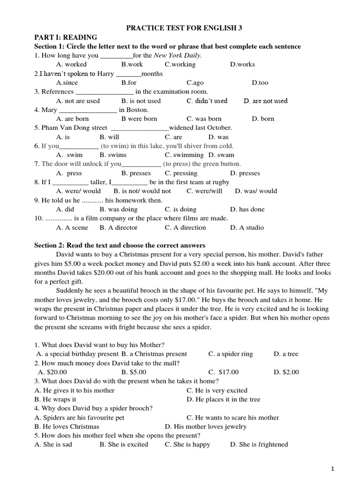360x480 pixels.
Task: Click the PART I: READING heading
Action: coord(66,37)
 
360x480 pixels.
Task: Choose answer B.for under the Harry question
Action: coord(129,82)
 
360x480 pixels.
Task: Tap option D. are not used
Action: coord(266,101)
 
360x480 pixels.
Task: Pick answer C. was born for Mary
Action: coord(204,119)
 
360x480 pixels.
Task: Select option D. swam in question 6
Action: coord(221,155)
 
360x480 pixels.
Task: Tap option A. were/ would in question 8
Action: coord(78,191)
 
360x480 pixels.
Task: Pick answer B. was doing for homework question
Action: coord(119,210)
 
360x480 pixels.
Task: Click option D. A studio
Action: coord(247,227)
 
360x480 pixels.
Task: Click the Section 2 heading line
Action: coord(120,245)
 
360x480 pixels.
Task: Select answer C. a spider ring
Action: coord(231,354)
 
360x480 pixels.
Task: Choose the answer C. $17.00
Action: coord(224,372)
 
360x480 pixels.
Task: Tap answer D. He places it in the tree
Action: coord(223,399)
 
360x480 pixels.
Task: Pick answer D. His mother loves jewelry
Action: coord(206,427)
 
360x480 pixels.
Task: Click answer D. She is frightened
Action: coord(259,444)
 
